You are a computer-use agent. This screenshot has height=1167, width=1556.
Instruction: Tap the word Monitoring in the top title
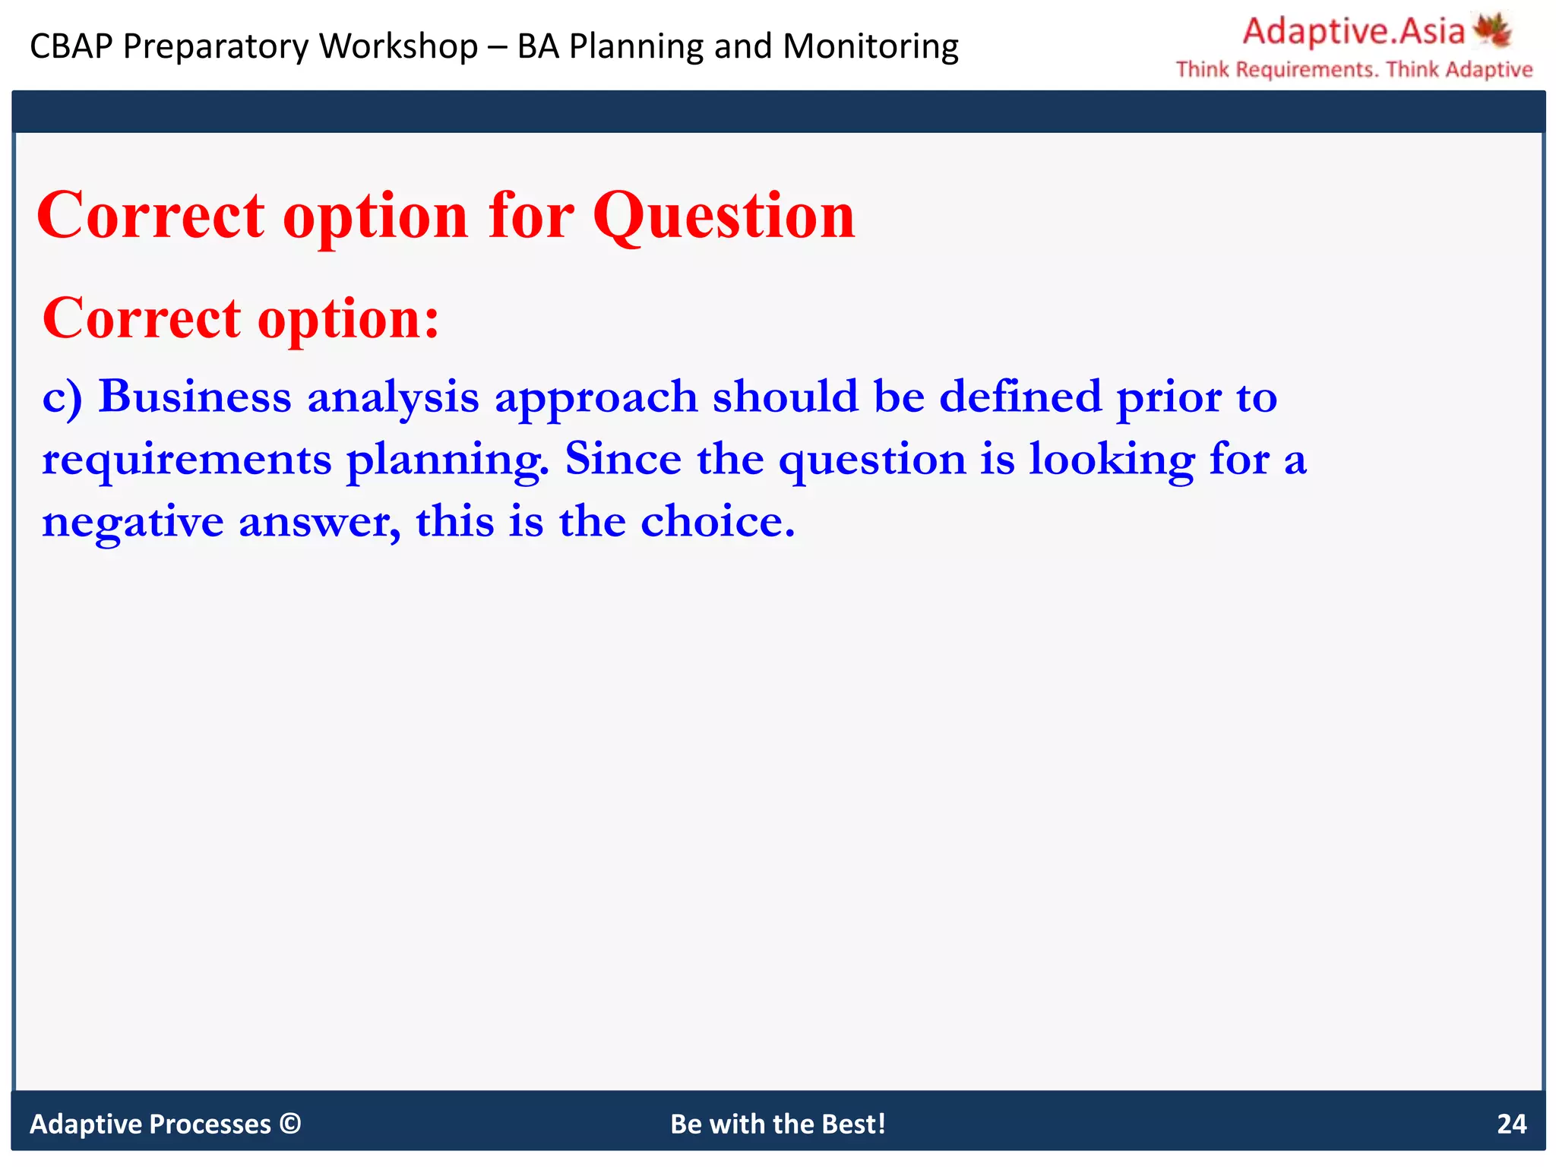pos(870,46)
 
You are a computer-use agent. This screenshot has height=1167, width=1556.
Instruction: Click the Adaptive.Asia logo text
pos(1353,32)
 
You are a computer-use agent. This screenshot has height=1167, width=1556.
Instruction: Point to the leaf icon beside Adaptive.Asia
pos(1492,30)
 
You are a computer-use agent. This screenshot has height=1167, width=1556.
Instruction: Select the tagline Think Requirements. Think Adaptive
pos(1354,70)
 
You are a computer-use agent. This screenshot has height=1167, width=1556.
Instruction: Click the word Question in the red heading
pos(723,217)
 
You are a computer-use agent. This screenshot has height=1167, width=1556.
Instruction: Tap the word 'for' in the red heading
pos(531,217)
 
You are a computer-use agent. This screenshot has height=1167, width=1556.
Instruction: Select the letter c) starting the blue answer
pos(62,397)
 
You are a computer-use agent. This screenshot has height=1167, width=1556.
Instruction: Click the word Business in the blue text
pos(195,397)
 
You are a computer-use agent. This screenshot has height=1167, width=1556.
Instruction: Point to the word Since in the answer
pos(623,459)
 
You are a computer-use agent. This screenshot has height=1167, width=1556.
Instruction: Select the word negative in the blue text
pos(132,522)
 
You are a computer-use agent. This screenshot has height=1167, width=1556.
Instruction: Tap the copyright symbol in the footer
pos(290,1123)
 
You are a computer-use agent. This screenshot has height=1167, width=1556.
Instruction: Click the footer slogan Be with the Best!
pos(778,1124)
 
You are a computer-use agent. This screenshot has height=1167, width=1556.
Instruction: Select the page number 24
pos(1511,1124)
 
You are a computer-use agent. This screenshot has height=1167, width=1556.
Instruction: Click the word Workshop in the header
pos(398,46)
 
